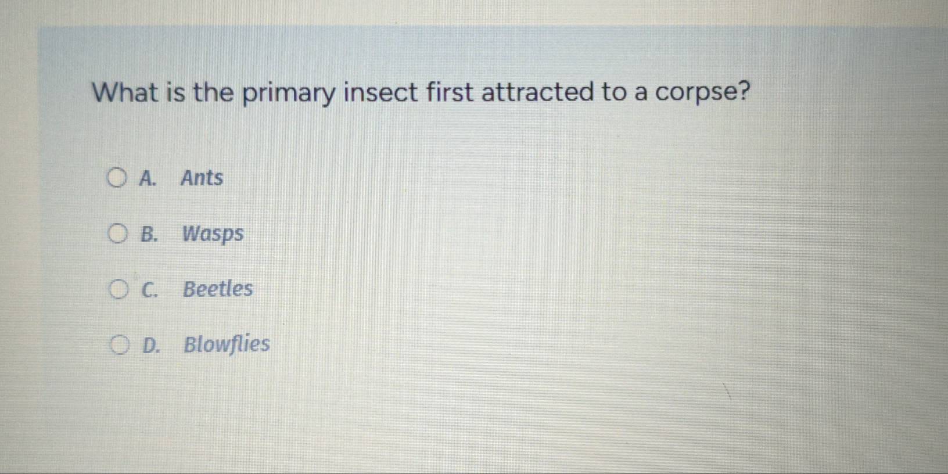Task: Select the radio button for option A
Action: pyautogui.click(x=116, y=178)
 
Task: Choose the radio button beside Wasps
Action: pyautogui.click(x=117, y=234)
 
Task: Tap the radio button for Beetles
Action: pyautogui.click(x=118, y=289)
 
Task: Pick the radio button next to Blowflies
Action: pyautogui.click(x=119, y=345)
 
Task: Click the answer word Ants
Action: pyautogui.click(x=202, y=178)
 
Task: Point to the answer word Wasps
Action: pyautogui.click(x=213, y=234)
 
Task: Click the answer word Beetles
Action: pyautogui.click(x=218, y=289)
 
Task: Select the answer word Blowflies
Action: pyautogui.click(x=227, y=344)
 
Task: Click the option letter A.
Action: pyautogui.click(x=148, y=178)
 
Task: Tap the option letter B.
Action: pyautogui.click(x=149, y=234)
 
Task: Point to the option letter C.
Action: pyautogui.click(x=149, y=289)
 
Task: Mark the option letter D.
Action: pyautogui.click(x=150, y=345)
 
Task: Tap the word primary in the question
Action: pyautogui.click(x=289, y=94)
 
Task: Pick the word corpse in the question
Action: pyautogui.click(x=694, y=93)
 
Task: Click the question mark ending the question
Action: pyautogui.click(x=742, y=91)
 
